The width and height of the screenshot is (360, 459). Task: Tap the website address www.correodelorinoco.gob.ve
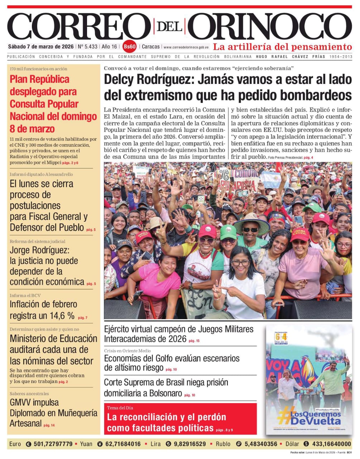[x=186, y=47]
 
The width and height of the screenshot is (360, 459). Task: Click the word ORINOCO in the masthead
[x=270, y=27]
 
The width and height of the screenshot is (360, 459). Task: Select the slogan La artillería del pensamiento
[x=282, y=47]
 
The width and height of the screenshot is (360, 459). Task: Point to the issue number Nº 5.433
[x=87, y=47]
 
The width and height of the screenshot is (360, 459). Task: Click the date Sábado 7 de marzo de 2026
[x=41, y=47]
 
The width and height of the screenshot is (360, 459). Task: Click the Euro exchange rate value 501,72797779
[x=53, y=444]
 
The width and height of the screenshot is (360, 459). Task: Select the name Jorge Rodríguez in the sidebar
[x=39, y=250]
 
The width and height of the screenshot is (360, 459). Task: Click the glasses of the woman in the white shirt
[x=240, y=263]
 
